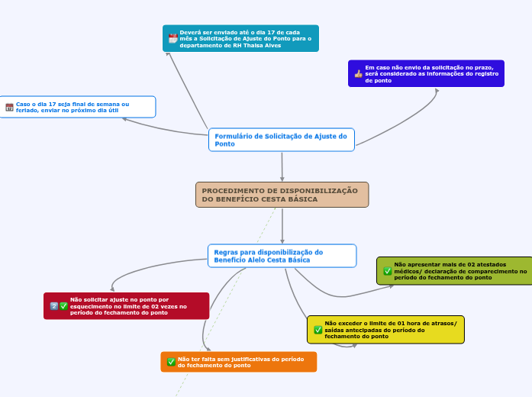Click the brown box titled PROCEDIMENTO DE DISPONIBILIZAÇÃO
pos(282,195)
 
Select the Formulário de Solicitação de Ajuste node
pos(281,140)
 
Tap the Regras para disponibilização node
pos(282,256)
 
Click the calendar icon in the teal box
pos(172,38)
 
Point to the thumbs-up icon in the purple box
pos(358,74)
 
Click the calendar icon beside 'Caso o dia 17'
pos(9,108)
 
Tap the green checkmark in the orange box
pos(171,362)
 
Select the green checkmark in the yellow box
pos(318,330)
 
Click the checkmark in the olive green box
pos(388,271)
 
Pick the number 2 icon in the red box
pos(53,306)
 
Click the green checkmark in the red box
pos(63,306)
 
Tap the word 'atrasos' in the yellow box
pos(440,324)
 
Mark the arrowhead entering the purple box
pos(437,91)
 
